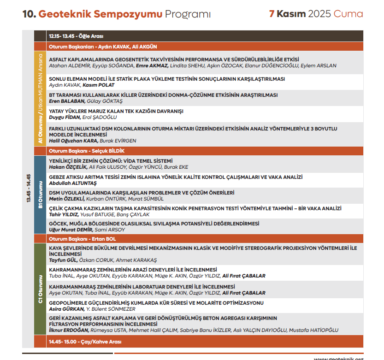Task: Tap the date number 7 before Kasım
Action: [272, 14]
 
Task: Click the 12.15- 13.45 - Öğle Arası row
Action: [76, 36]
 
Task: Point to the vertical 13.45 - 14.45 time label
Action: [28, 189]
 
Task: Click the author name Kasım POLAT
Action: [99, 85]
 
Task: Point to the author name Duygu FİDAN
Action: [64, 118]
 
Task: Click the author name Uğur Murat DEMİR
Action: [71, 230]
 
